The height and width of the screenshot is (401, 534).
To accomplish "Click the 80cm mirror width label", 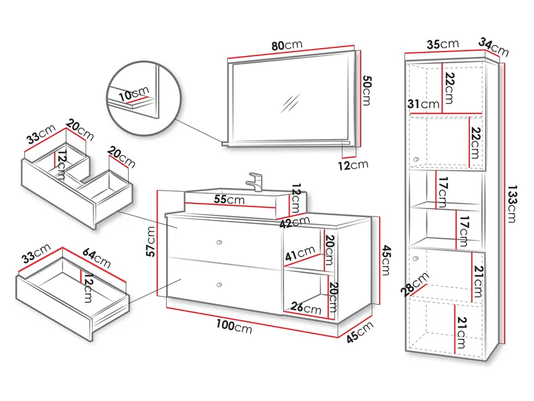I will coord(287,45).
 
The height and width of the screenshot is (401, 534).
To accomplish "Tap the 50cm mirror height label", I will coord(365,90).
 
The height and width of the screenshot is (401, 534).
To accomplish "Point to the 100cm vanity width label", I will coord(234,327).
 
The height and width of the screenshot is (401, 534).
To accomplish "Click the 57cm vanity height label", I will coord(152,242).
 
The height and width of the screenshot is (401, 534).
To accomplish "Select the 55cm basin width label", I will coord(228,200).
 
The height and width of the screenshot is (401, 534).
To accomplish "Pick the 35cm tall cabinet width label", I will coord(443,44).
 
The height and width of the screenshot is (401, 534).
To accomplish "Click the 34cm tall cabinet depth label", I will coord(493,47).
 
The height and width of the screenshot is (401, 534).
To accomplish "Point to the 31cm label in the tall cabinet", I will coord(424,104).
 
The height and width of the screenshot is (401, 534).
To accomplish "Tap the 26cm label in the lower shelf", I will coord(305,309).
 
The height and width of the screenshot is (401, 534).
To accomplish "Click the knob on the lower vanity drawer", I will coord(219,285).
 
